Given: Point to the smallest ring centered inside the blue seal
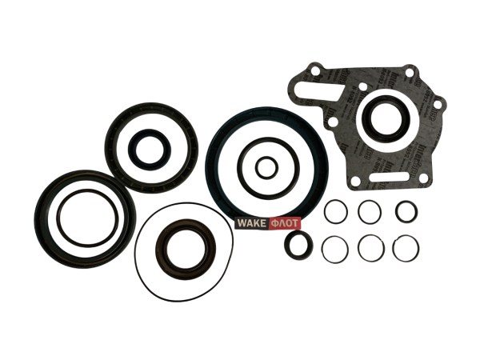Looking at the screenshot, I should [x=265, y=168].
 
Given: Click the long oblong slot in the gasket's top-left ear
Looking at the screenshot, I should [x=301, y=87].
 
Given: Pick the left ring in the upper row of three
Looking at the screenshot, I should [x=336, y=213].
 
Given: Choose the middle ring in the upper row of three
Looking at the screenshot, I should [x=370, y=213].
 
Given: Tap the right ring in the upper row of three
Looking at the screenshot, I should [x=406, y=213].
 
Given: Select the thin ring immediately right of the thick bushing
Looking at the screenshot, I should [x=335, y=248].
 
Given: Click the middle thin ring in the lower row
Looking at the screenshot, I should [x=370, y=248].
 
